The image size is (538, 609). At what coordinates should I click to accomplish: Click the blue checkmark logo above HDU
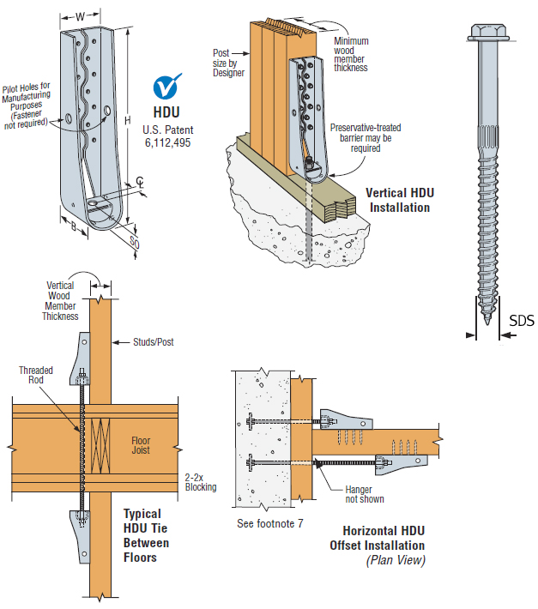click(167, 87)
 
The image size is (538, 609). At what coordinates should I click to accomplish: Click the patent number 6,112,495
click(167, 142)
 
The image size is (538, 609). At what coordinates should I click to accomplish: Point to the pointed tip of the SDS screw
click(487, 323)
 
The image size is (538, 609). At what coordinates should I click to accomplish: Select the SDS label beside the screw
click(522, 321)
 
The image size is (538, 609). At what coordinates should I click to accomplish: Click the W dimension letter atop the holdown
click(80, 16)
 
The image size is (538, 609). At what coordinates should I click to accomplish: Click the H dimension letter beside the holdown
click(127, 120)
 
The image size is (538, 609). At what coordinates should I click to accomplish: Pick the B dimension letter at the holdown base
click(74, 226)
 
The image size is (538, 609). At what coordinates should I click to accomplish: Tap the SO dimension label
click(135, 243)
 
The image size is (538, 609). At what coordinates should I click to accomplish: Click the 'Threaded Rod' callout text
click(36, 375)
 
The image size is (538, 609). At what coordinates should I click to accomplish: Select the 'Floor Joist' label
click(141, 445)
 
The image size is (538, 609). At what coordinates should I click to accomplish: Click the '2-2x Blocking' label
click(201, 482)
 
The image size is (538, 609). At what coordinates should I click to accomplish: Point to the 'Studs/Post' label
click(154, 342)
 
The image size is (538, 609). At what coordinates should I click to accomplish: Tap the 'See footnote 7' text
click(270, 523)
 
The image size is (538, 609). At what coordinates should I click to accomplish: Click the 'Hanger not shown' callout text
click(365, 494)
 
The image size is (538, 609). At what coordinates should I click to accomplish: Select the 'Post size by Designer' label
click(228, 63)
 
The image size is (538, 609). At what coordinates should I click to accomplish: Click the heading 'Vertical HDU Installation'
click(400, 200)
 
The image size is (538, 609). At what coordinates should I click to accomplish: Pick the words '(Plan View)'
click(396, 560)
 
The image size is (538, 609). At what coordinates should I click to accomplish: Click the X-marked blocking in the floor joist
click(100, 445)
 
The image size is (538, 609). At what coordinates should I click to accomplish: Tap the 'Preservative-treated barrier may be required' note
click(366, 138)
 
